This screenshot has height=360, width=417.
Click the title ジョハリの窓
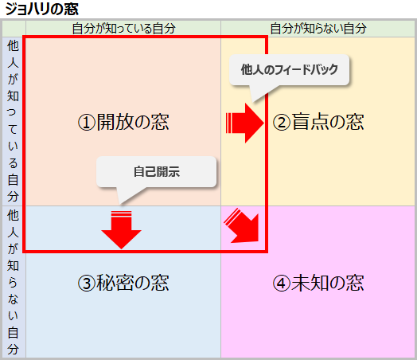point(41,9)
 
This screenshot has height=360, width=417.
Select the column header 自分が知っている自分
point(123,29)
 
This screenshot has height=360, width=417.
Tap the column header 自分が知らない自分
point(318,29)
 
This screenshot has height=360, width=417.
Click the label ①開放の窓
point(123,122)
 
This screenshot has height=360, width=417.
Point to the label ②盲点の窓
point(318,122)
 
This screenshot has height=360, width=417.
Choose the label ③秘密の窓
point(123,283)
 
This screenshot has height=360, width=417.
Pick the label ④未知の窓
point(318,283)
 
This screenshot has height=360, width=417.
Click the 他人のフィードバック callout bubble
point(290,70)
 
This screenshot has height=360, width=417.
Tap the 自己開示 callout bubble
point(156,171)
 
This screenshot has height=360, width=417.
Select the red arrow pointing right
point(244,123)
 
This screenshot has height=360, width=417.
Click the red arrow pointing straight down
point(121,230)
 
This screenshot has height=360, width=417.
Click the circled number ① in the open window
point(87,123)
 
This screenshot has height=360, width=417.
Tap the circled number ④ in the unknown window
point(282,283)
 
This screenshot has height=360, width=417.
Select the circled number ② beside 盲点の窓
point(282,123)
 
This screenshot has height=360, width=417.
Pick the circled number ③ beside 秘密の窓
point(87,283)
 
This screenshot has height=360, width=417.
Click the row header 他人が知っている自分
point(13,121)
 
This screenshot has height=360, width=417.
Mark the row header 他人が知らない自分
point(13,282)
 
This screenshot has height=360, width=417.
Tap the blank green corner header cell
point(14,29)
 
